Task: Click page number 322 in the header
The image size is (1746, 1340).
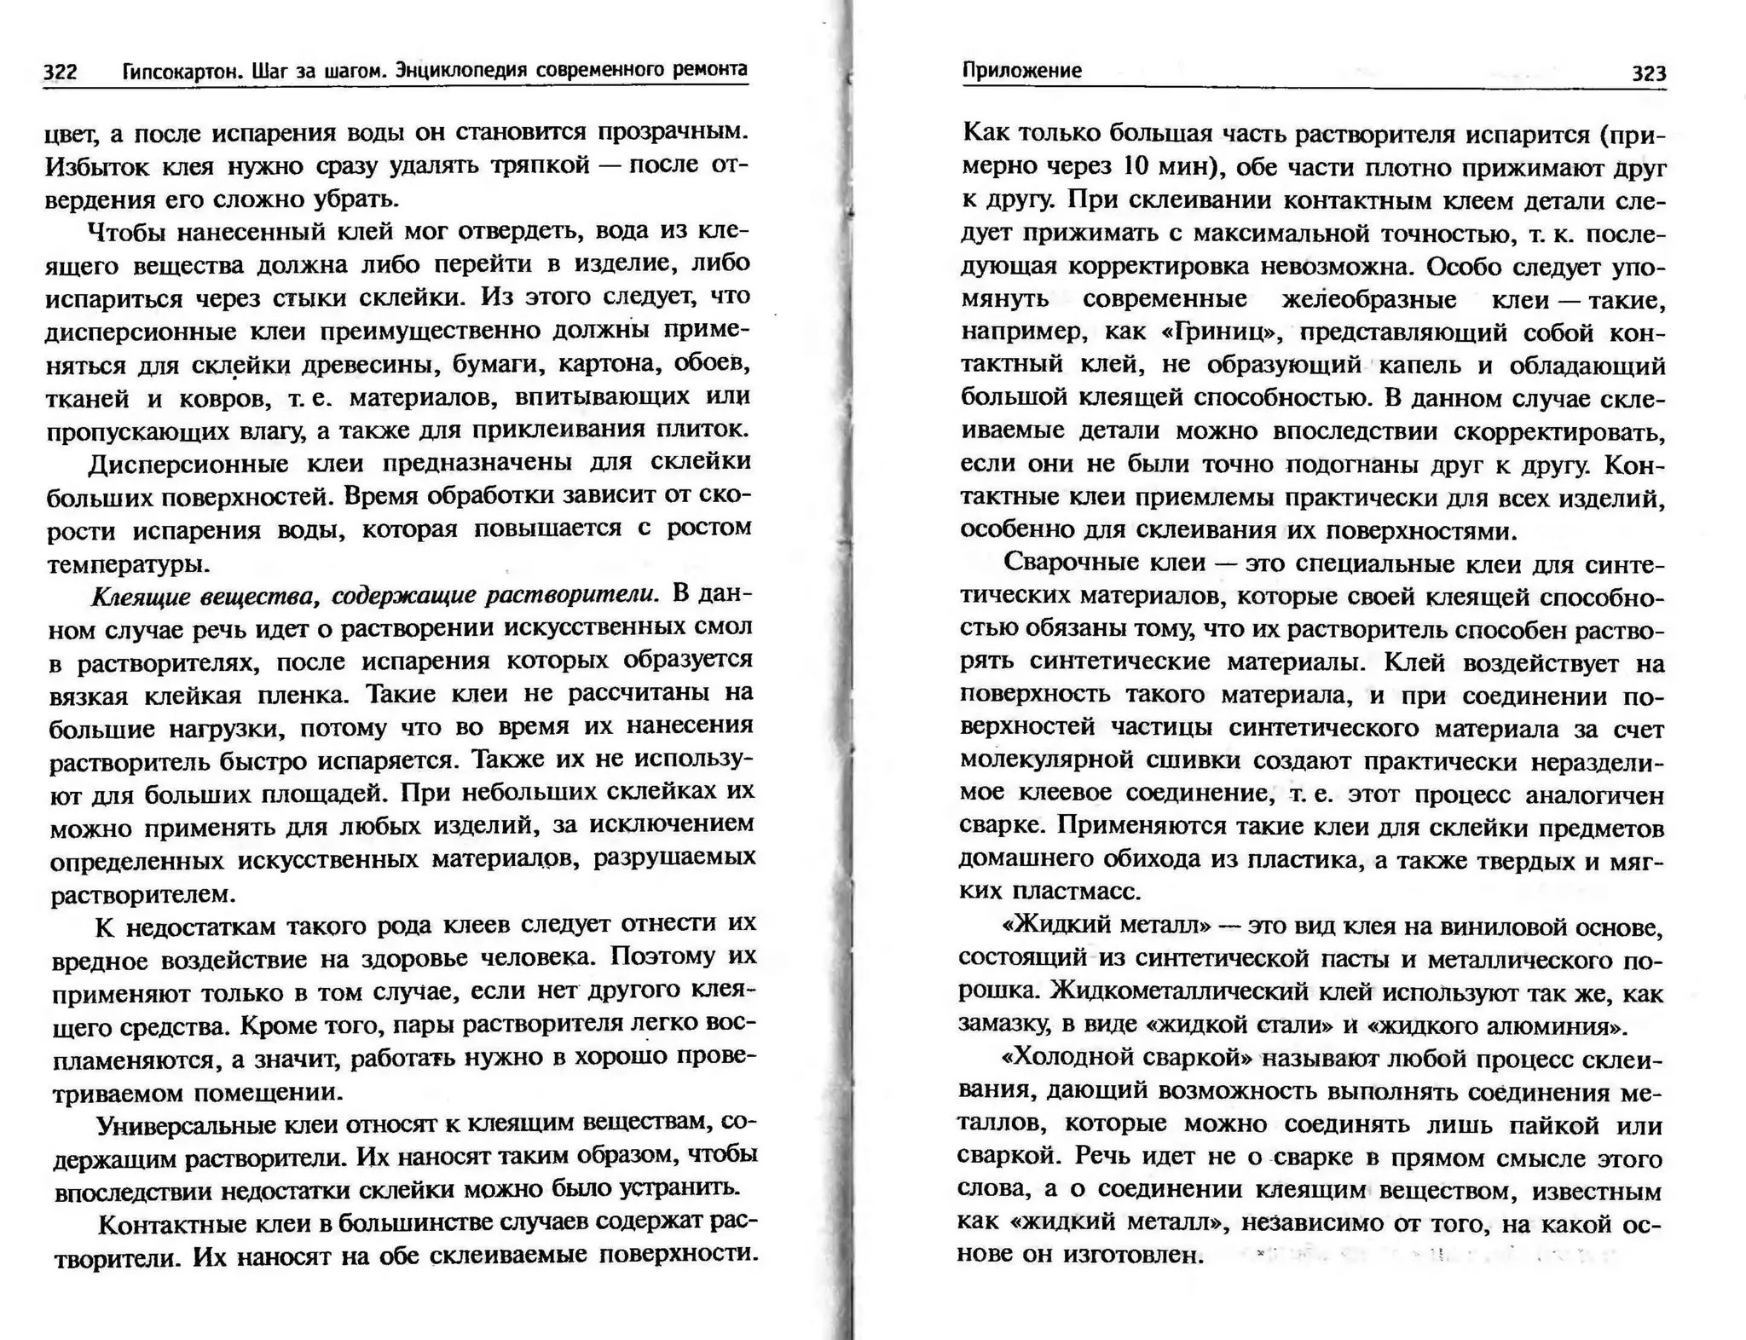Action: click(61, 72)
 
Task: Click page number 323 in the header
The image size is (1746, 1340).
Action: click(1648, 73)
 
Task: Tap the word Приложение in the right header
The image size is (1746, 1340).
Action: click(1021, 71)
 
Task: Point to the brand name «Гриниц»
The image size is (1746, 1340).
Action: click(1217, 332)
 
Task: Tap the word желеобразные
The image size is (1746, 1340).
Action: click(1368, 300)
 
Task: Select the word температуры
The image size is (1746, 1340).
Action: click(127, 563)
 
